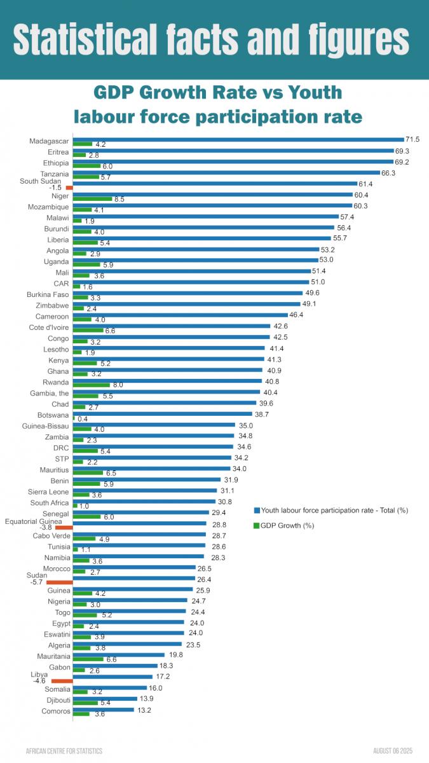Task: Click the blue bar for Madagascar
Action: pyautogui.click(x=238, y=139)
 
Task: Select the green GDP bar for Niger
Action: pyautogui.click(x=92, y=199)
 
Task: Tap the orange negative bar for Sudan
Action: pyautogui.click(x=60, y=582)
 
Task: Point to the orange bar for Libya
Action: pyautogui.click(x=62, y=681)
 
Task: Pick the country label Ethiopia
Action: pyautogui.click(x=56, y=163)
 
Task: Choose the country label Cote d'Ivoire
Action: pyautogui.click(x=49, y=327)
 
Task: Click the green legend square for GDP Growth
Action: pyautogui.click(x=257, y=525)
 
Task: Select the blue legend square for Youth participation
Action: pyautogui.click(x=257, y=511)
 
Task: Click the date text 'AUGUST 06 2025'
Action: pyautogui.click(x=397, y=751)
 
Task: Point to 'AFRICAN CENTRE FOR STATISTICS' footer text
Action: pyautogui.click(x=64, y=751)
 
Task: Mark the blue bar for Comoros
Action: pyautogui.click(x=103, y=709)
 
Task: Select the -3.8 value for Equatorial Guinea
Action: pyautogui.click(x=46, y=528)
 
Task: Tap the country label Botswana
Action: pyautogui.click(x=53, y=415)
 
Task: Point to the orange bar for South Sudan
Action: pyautogui.click(x=69, y=188)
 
